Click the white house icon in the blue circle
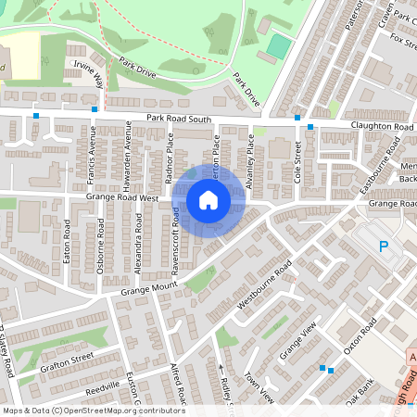click(x=208, y=199)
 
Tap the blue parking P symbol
click(x=385, y=246)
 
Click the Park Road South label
click(x=180, y=118)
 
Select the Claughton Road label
click(x=382, y=125)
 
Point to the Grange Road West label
click(x=123, y=197)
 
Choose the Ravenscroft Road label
click(x=174, y=235)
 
